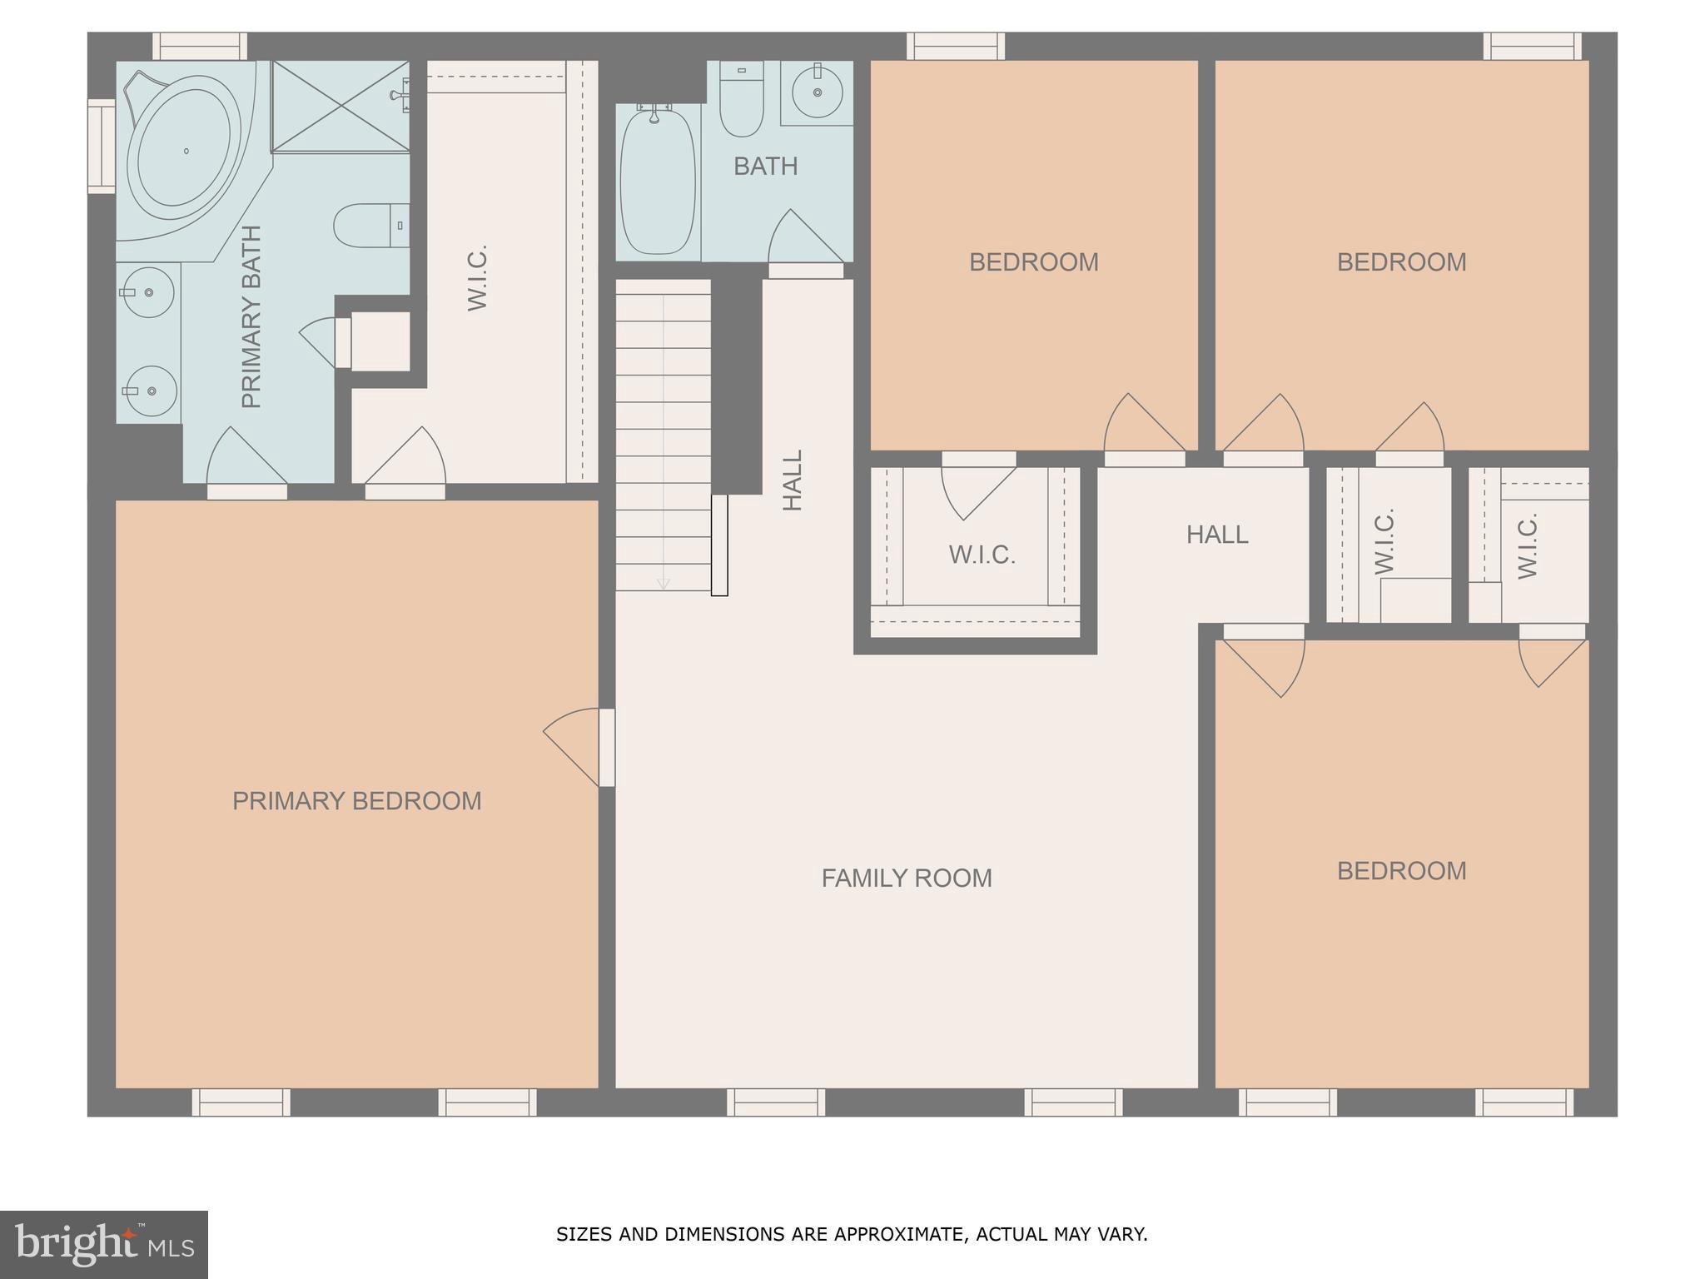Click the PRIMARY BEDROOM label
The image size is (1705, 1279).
[x=356, y=801]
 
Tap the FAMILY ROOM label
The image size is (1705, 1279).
[x=906, y=878]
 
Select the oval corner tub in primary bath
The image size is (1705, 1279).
[x=185, y=150]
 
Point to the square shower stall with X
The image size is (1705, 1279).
[x=340, y=106]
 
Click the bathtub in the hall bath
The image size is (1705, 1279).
[x=657, y=182]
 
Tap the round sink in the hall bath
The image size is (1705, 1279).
[x=817, y=92]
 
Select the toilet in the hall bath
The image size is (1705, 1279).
[x=741, y=103]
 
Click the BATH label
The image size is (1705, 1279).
[x=765, y=167]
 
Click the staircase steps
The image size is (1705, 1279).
[x=663, y=433]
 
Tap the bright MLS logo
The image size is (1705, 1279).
[x=103, y=1245]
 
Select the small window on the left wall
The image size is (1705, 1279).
[x=102, y=146]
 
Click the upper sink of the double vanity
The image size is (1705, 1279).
[x=148, y=292]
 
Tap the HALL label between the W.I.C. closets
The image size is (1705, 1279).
[x=1216, y=535]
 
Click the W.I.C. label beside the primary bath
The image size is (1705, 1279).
[x=477, y=278]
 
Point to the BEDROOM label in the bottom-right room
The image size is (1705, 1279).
[x=1401, y=871]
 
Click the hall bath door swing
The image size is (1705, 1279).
[x=806, y=241]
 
